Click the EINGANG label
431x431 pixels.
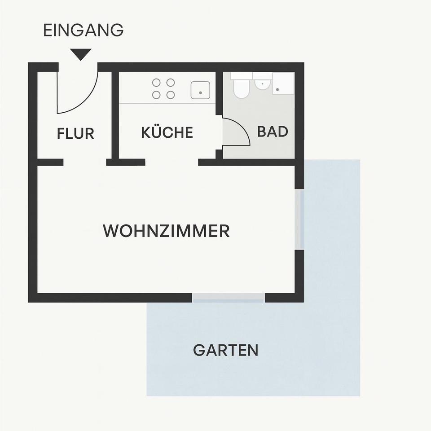83,31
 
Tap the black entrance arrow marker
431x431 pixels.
81,54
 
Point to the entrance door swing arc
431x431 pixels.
88,101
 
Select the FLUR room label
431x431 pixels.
75,134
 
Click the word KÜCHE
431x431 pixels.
167,133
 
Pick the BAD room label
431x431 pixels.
272,132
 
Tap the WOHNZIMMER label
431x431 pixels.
166,231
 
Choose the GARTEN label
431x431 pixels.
225,350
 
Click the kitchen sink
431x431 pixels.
200,90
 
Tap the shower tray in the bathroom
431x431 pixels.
283,84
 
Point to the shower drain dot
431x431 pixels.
277,90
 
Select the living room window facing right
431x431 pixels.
299,219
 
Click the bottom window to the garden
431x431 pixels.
229,298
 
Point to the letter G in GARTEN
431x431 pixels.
199,350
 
